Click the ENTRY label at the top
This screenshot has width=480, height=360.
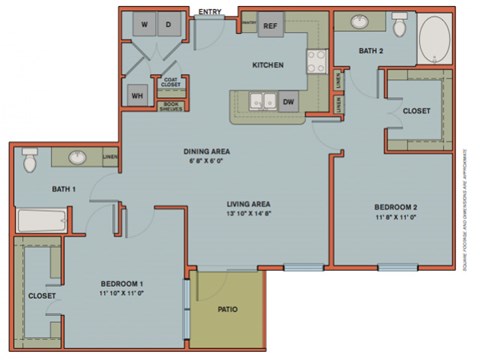210,12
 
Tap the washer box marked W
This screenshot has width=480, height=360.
145,24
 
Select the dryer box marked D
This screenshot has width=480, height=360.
168,24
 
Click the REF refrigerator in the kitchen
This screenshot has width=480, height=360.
270,26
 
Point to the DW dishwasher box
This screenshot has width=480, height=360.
288,101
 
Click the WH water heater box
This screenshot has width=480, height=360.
136,95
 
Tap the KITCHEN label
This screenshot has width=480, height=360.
267,65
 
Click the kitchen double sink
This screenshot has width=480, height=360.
262,101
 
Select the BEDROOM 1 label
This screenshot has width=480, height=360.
123,284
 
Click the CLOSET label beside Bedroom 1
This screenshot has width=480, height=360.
41,296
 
